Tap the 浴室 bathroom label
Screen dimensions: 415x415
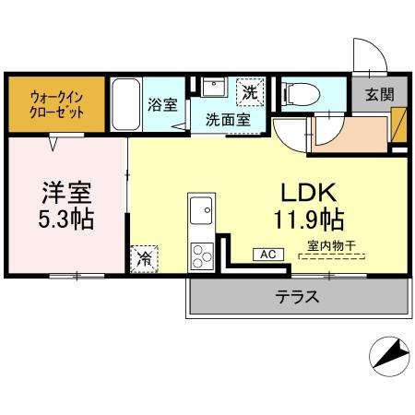pyautogui.click(x=162, y=103)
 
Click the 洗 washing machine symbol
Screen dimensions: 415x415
pyautogui.click(x=250, y=93)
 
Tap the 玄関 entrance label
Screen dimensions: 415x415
pyautogui.click(x=378, y=93)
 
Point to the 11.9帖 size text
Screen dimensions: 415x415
pyautogui.click(x=308, y=220)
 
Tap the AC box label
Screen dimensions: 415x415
pyautogui.click(x=268, y=254)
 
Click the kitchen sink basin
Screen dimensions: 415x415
pyautogui.click(x=200, y=215)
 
